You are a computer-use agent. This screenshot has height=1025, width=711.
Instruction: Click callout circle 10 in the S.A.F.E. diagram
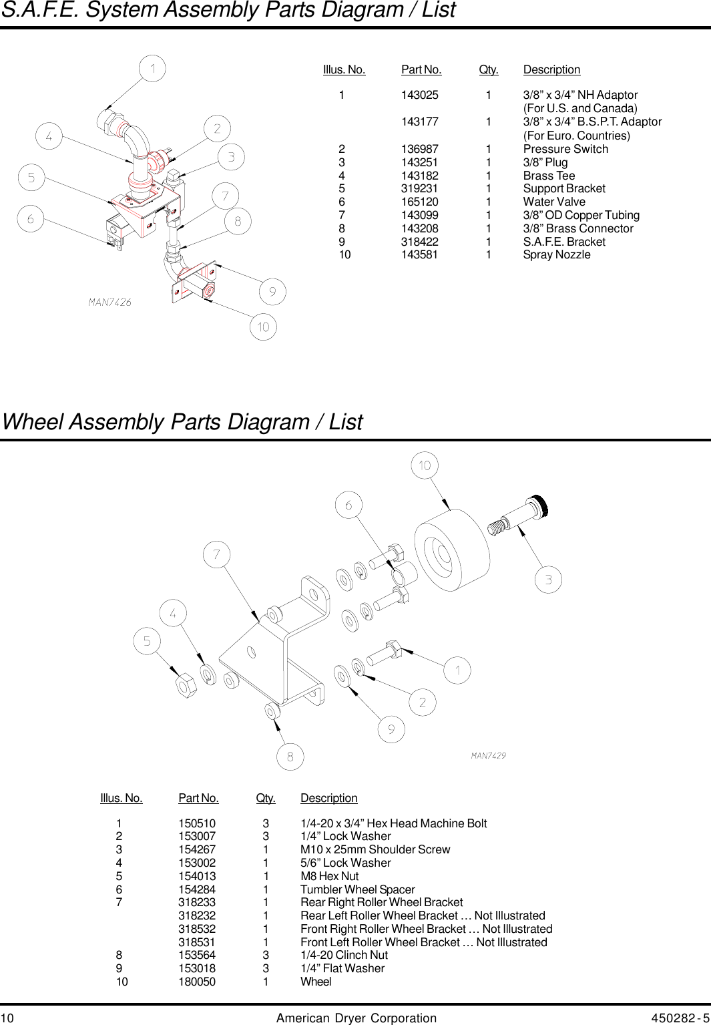(x=263, y=327)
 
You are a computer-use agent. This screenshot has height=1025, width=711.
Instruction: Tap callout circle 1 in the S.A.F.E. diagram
(x=152, y=68)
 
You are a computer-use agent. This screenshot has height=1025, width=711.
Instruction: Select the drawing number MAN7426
(x=110, y=302)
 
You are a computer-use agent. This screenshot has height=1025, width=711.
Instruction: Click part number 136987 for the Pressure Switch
(x=419, y=149)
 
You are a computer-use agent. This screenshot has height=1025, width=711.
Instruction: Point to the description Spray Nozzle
(x=556, y=254)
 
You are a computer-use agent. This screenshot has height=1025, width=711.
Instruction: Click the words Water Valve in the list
(x=553, y=202)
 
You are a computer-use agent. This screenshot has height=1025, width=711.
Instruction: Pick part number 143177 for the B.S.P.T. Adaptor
(x=419, y=122)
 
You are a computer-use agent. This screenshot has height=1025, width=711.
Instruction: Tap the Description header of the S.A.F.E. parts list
(x=551, y=69)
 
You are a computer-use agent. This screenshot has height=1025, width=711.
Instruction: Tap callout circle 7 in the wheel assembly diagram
(x=216, y=554)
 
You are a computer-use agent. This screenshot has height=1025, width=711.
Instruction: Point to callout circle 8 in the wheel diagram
(x=290, y=757)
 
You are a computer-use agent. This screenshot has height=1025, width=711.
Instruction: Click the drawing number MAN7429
(x=488, y=756)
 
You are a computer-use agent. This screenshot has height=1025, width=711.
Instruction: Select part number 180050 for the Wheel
(x=197, y=982)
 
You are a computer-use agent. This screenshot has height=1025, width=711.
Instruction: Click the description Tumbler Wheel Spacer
(x=357, y=889)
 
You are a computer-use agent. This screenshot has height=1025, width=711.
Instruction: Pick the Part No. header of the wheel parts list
(x=198, y=798)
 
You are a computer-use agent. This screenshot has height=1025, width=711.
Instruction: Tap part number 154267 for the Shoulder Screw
(x=197, y=849)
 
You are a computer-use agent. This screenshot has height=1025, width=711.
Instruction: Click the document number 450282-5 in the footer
(x=680, y=1018)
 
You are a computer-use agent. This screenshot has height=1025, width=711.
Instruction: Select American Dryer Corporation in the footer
(x=356, y=1018)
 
